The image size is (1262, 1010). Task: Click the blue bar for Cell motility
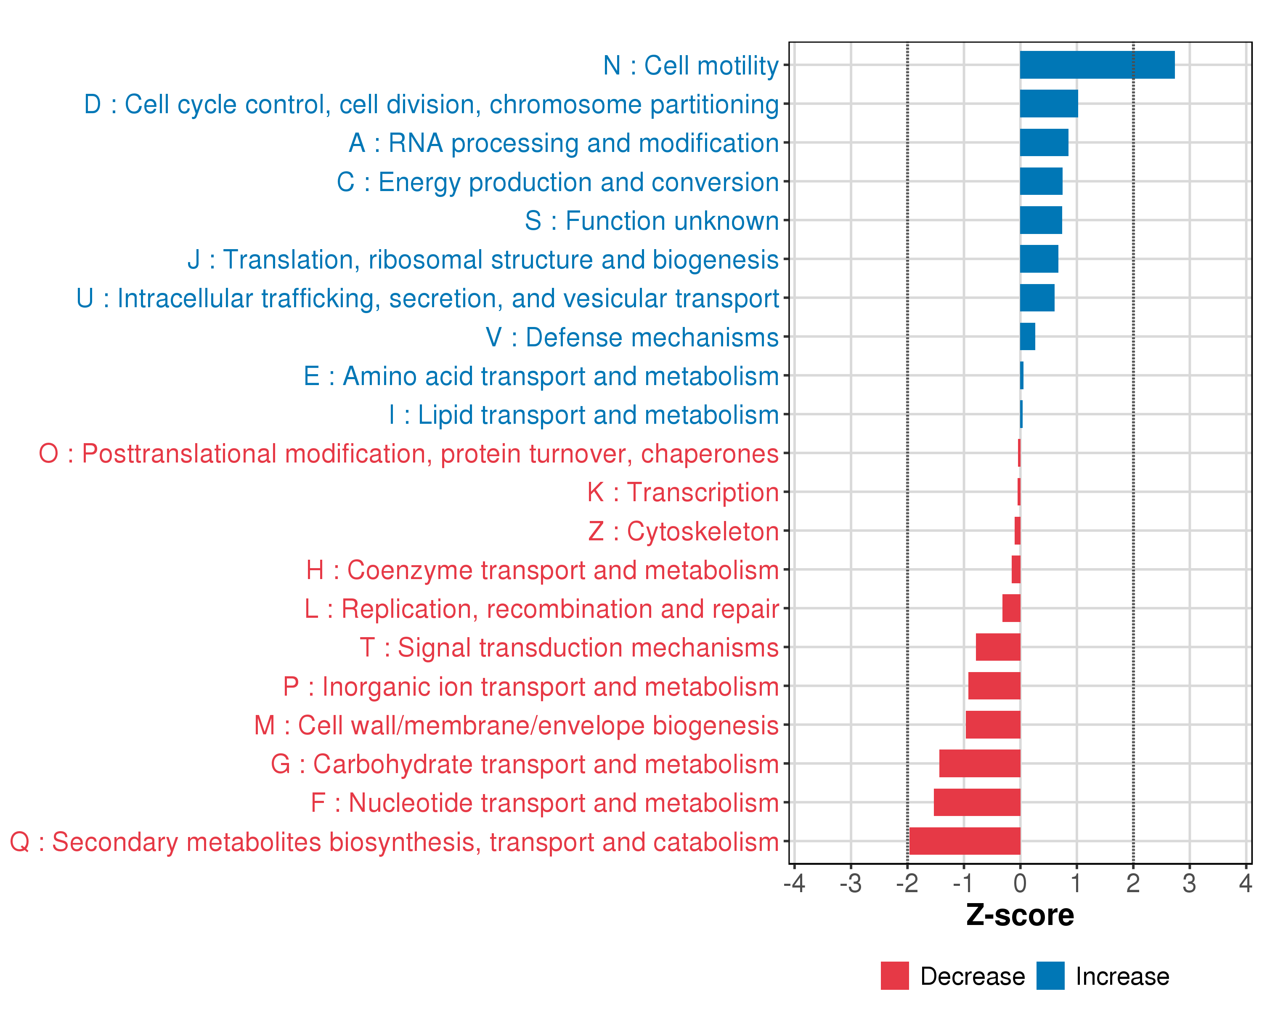pos(1097,65)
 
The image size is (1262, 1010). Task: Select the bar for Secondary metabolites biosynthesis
pos(965,841)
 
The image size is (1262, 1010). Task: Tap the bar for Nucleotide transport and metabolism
pos(977,802)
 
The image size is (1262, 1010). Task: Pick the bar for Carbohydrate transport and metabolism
pos(980,763)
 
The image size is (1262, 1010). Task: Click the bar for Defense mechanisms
pos(1027,337)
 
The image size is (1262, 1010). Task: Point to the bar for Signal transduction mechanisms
pos(998,647)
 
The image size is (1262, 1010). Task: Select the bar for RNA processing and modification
pos(1044,143)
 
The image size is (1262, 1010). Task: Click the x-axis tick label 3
pos(1189,883)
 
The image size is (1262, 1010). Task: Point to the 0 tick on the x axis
pos(1020,883)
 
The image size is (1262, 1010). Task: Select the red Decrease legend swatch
pos(894,976)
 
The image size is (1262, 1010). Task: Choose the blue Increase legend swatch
pos(1050,976)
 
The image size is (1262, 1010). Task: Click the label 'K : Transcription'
pos(682,492)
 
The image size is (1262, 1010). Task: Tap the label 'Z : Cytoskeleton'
pos(683,532)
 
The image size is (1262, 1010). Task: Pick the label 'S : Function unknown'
pos(652,221)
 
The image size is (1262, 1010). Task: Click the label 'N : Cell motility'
pos(691,66)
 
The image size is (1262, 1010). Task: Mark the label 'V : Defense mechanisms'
pos(632,337)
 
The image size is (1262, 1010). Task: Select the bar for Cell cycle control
pos(1048,104)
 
